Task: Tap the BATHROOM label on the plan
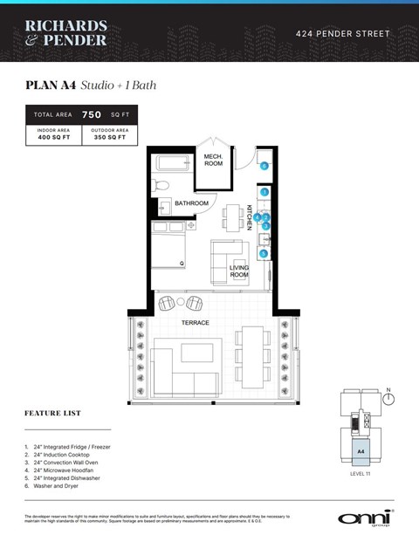(191, 203)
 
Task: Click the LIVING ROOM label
(239, 271)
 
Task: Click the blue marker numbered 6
(264, 165)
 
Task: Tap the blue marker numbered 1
(264, 191)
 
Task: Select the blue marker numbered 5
(264, 253)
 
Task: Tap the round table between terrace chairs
(181, 302)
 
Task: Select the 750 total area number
(92, 114)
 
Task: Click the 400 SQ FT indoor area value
(53, 138)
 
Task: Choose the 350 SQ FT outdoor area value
(109, 138)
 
